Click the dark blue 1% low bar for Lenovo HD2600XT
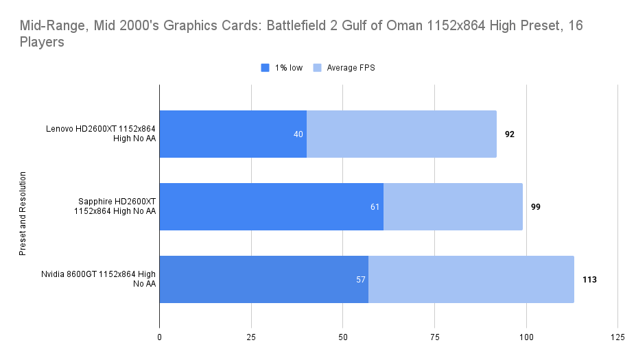(x=233, y=134)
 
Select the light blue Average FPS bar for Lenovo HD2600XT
(x=401, y=134)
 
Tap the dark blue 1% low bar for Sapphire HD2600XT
(x=271, y=206)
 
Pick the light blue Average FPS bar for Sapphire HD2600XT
(x=453, y=206)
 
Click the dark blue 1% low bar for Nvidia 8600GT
(x=263, y=279)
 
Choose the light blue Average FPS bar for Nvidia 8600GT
(x=471, y=279)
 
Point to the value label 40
(x=298, y=134)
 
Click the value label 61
(x=375, y=206)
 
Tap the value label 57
(x=360, y=279)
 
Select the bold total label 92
(x=510, y=134)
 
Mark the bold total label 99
(x=535, y=206)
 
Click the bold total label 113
(x=589, y=279)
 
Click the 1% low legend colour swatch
(x=266, y=68)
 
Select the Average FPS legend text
(x=351, y=68)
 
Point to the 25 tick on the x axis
(x=251, y=337)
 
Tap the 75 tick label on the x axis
(x=434, y=337)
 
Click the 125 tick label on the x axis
(x=617, y=337)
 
